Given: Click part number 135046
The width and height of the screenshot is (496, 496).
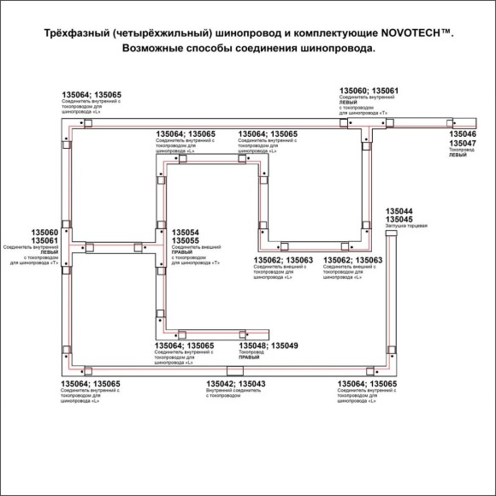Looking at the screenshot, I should click(463, 135).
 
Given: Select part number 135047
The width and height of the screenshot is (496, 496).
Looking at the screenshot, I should click(463, 143).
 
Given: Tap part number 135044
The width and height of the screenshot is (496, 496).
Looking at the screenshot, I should click(399, 211).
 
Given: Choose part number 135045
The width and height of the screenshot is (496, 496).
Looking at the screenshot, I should click(399, 219).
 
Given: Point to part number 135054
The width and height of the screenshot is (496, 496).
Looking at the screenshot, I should click(186, 233).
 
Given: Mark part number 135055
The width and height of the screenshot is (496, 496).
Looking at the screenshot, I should click(186, 241).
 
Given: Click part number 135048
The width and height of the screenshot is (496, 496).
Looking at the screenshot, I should click(252, 345).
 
